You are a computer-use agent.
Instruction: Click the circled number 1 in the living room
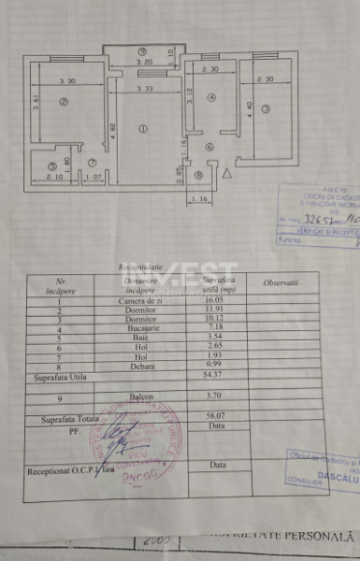143,128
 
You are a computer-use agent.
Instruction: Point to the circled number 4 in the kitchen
212,97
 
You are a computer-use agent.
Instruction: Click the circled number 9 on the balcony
142,50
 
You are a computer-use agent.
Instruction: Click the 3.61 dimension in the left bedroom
35,105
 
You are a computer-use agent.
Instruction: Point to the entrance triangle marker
228,172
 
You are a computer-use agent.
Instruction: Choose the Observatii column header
280,282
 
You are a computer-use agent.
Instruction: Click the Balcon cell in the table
140,396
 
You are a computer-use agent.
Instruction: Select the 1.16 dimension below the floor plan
196,199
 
